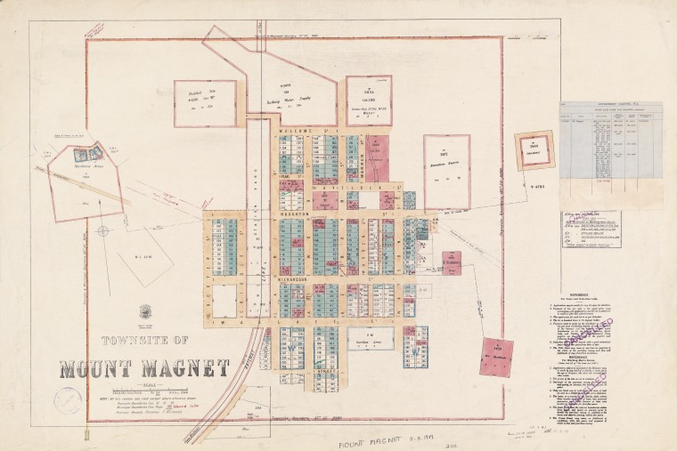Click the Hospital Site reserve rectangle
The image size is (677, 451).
coord(205,103)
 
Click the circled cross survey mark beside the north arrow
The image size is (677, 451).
coord(103,230)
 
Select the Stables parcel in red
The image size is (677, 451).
coord(452,262)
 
